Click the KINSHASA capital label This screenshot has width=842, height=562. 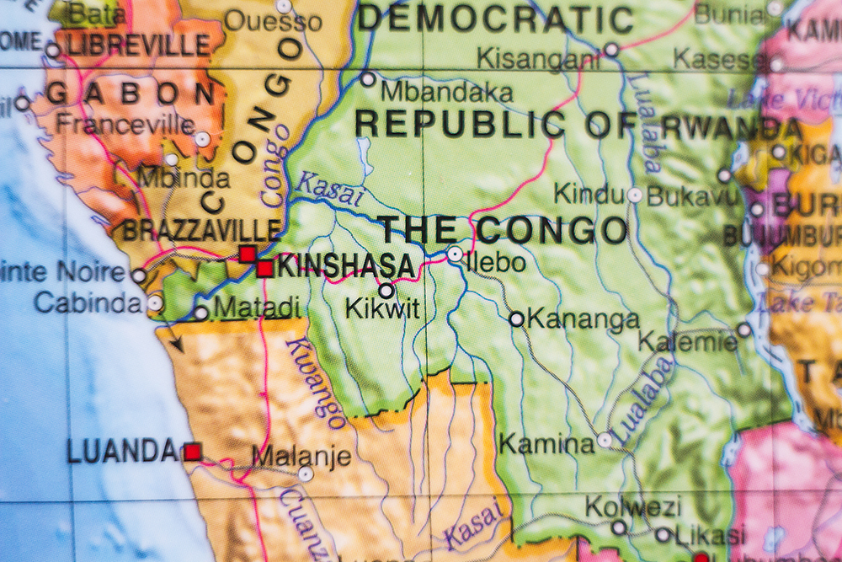click(x=346, y=267)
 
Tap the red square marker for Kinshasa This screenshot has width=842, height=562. click(x=264, y=269)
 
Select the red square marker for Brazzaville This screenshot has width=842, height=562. click(x=247, y=254)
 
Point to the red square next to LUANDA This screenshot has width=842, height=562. click(x=193, y=452)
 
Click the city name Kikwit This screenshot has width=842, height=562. click(x=382, y=309)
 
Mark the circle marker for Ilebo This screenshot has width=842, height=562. click(x=455, y=254)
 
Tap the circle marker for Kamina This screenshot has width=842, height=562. click(x=605, y=440)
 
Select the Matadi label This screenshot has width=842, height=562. click(x=257, y=308)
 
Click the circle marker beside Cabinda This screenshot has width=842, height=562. click(x=155, y=302)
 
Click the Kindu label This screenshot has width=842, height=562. click(x=589, y=195)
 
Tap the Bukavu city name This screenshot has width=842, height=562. click(x=679, y=195)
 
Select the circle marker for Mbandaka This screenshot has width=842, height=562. click(x=368, y=79)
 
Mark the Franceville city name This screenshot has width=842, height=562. click(x=125, y=125)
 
